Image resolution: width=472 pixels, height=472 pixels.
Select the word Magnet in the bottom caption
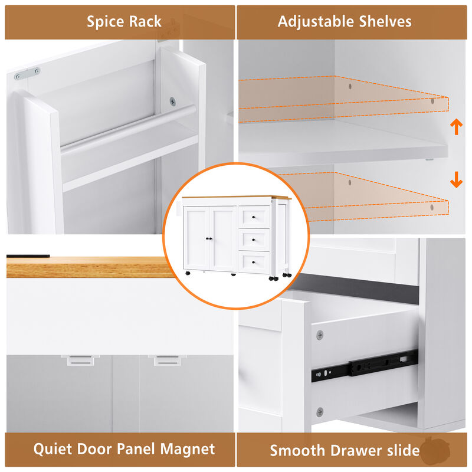187,449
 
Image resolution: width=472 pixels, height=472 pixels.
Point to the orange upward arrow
456,127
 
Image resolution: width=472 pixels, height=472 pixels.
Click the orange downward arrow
456,180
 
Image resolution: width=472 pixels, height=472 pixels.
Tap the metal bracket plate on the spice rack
27,73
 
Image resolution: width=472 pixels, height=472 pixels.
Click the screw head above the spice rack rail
172,101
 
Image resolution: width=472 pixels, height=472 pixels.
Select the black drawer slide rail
365,365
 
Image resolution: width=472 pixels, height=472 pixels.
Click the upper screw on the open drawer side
320,335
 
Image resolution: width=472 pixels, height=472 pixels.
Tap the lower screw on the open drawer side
320,412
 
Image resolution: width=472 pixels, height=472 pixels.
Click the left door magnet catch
81,360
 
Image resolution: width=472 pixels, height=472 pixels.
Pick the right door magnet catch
168,360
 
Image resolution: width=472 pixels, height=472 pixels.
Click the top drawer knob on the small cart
254,217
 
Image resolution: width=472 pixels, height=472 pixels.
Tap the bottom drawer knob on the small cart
254,263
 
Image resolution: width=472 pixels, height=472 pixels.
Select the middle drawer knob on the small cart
254,240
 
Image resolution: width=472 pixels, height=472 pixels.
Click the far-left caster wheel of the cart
188,273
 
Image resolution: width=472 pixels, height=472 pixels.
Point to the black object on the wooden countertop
28,256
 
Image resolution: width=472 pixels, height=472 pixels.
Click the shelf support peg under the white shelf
430,159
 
